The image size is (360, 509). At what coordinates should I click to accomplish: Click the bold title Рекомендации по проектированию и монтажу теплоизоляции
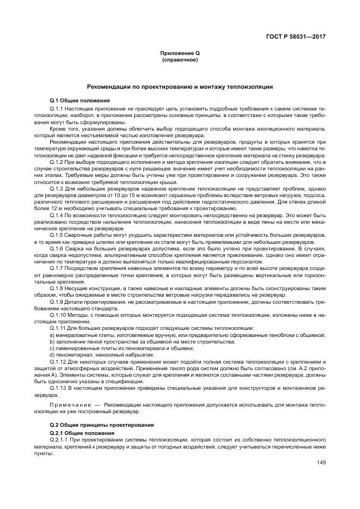coord(180,87)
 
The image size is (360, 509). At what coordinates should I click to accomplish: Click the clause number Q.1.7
coord(56,268)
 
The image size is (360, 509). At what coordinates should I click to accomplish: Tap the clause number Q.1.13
coord(58,388)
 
